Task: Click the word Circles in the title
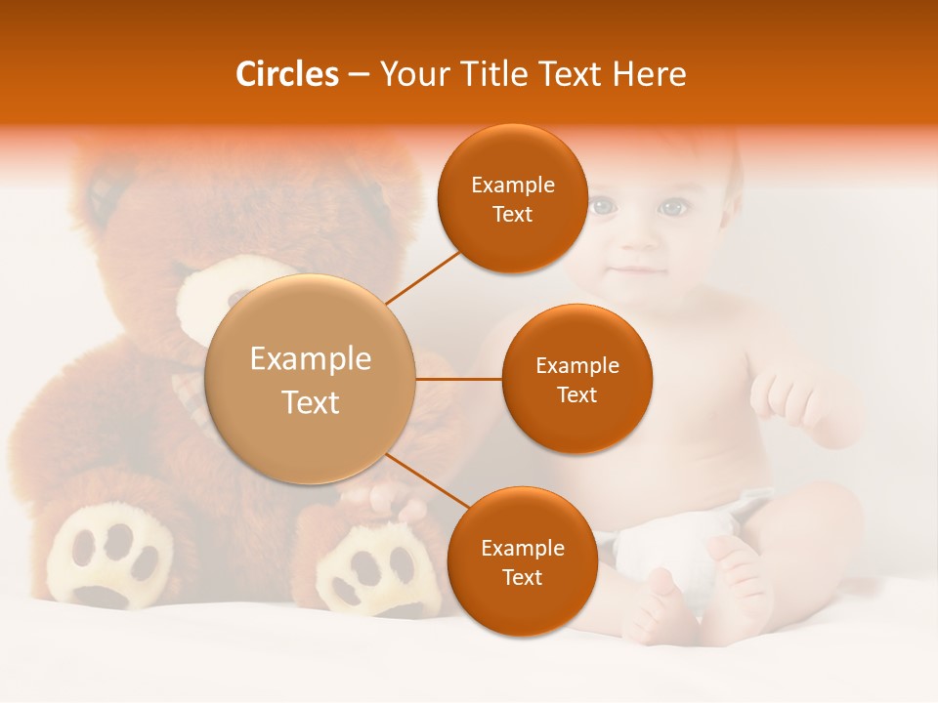coord(286,74)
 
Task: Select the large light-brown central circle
coord(310,379)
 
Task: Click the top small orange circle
coord(512,198)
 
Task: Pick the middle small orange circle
coord(576,379)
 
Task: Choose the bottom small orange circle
coord(522,561)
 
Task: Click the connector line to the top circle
coord(423,277)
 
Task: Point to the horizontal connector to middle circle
coord(458,379)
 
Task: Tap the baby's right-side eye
coord(671,207)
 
